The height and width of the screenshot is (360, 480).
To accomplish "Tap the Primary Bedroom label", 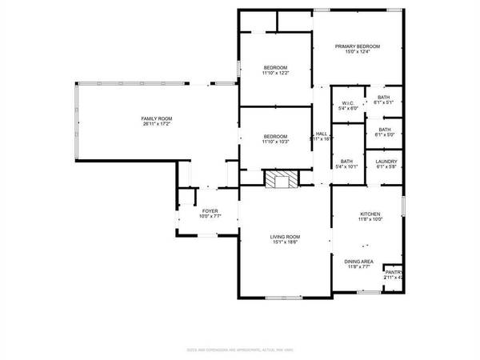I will [357, 46].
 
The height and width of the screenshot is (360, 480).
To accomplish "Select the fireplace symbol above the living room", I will [279, 179].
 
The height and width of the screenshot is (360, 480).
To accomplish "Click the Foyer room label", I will [210, 211].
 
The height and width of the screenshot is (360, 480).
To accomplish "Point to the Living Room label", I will [284, 237].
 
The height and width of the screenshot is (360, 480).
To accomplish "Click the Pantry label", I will [394, 273].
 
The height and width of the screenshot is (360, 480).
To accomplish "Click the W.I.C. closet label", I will [347, 103].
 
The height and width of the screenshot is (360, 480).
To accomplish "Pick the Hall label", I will [321, 134].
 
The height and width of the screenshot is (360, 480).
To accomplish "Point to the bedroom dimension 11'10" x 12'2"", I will [275, 73].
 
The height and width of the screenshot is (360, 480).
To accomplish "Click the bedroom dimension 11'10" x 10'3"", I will [275, 142].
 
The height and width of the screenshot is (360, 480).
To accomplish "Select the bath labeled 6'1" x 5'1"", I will [385, 102].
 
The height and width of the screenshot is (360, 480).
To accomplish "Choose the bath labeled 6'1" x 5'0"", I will [385, 134].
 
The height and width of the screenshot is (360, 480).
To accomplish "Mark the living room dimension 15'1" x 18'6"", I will [284, 242].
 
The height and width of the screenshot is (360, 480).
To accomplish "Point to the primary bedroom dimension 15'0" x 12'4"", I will [357, 52].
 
